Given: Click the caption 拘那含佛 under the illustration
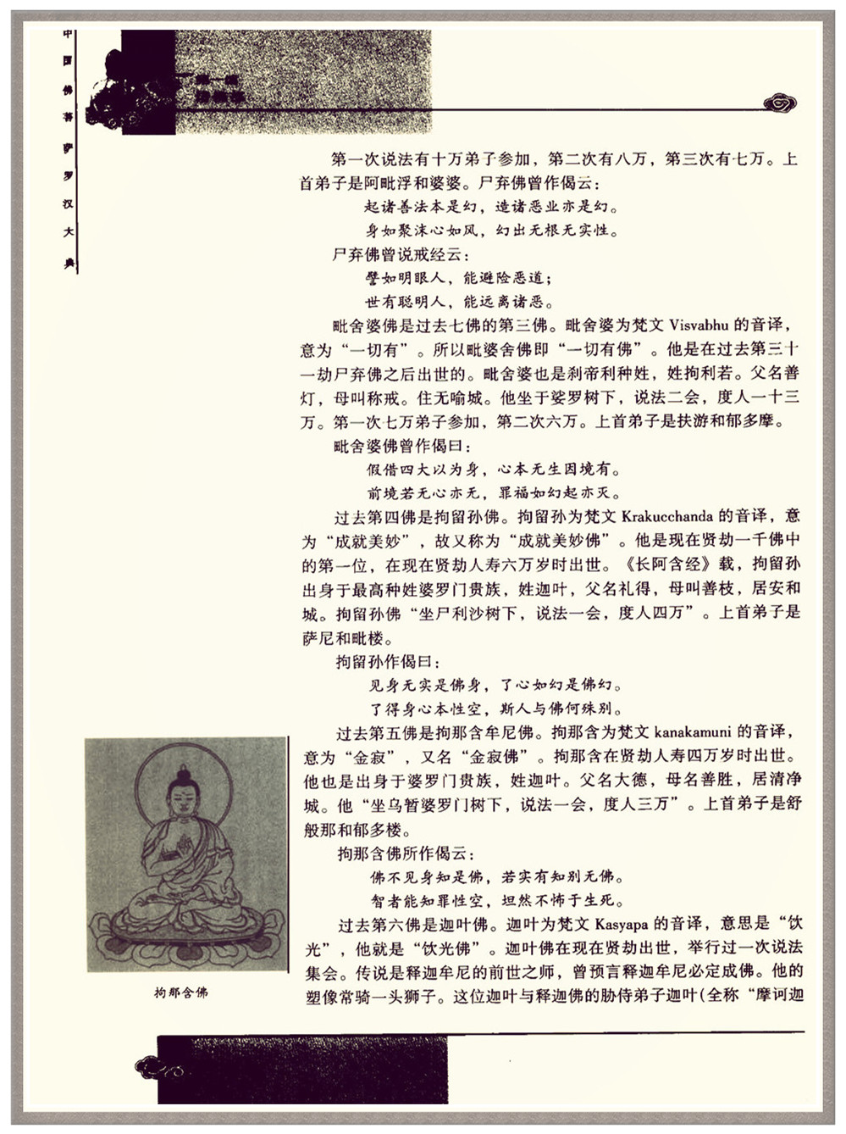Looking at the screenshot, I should pos(180,992).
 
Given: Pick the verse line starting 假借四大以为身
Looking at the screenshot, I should pos(494,470).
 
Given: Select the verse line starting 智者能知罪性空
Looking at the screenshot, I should pos(497,901).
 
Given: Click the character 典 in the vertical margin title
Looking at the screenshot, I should pos(69,264).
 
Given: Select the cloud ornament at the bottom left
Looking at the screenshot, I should pos(159,1067).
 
